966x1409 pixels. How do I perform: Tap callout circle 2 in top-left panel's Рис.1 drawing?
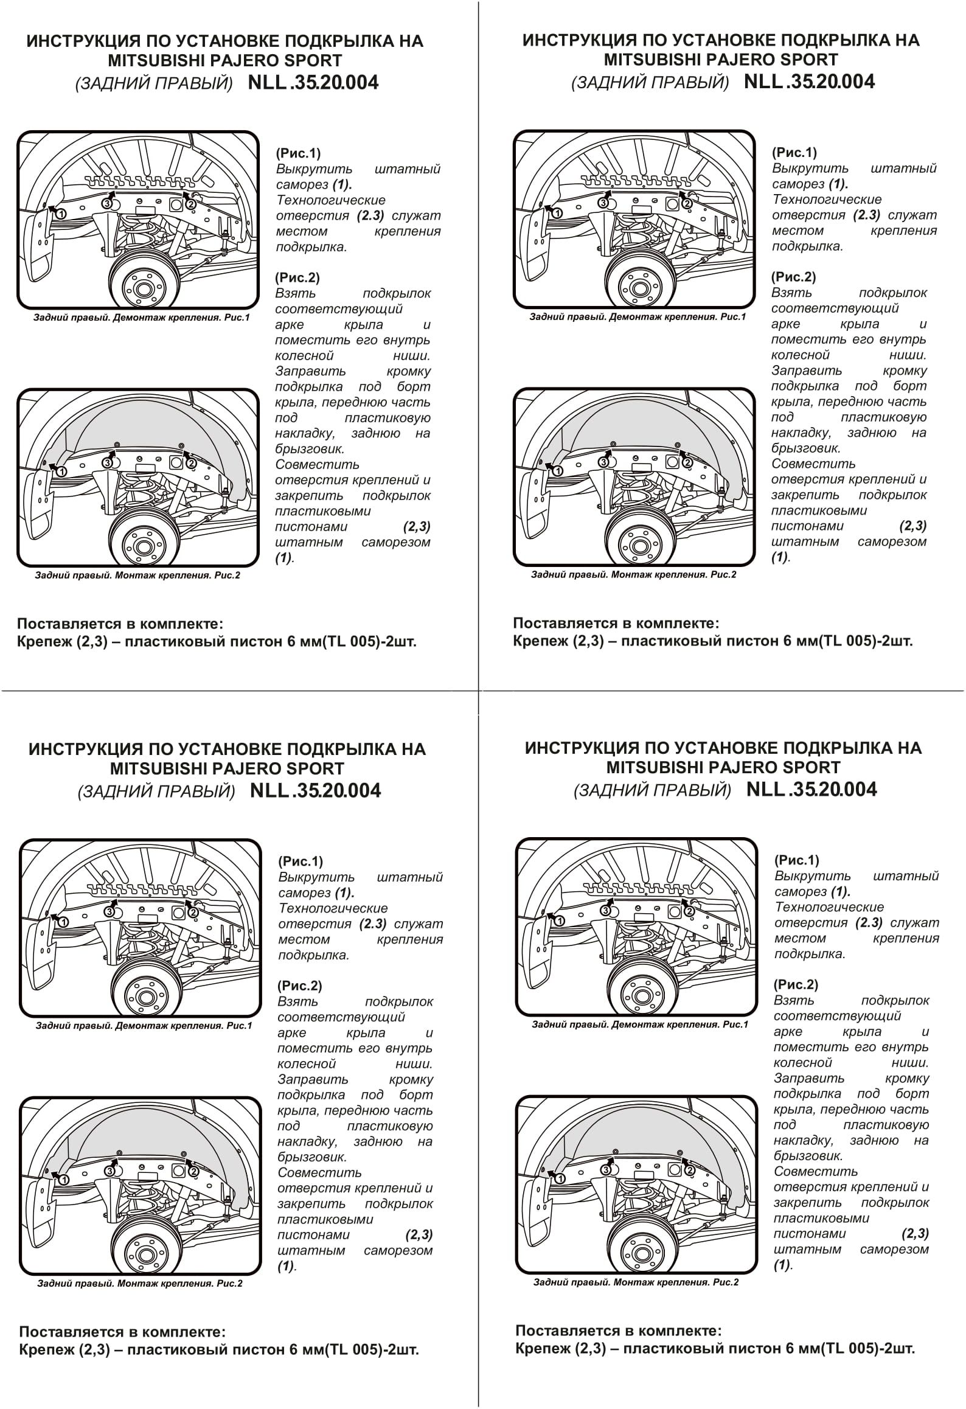(190, 204)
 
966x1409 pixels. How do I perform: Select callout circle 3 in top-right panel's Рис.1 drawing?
(603, 203)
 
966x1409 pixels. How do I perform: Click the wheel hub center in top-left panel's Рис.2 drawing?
(143, 545)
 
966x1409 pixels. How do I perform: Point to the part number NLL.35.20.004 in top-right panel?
(809, 82)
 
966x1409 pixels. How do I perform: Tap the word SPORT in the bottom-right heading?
(810, 767)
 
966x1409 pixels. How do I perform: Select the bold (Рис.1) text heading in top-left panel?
(298, 153)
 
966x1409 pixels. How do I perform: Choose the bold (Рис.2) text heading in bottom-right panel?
(796, 984)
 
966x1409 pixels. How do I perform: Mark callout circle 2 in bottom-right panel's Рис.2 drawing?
(689, 1170)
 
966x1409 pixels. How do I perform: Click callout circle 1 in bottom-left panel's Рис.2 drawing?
(63, 1179)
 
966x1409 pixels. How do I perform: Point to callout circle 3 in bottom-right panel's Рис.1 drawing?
(606, 911)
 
